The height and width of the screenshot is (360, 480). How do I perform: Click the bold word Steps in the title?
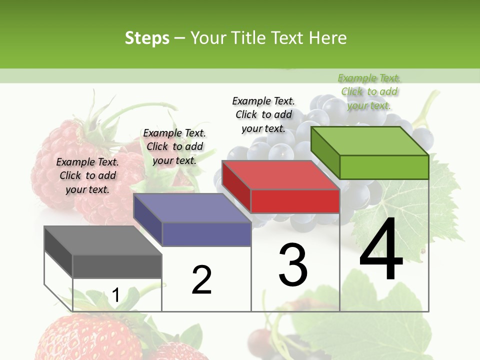(x=147, y=38)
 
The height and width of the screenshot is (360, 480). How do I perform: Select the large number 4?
(x=381, y=250)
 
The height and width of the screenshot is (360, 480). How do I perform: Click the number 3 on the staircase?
(x=293, y=265)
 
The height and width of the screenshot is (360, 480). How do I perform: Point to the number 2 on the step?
(x=202, y=280)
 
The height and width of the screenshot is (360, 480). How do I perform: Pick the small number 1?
(x=116, y=295)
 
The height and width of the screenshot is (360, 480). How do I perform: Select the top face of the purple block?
(x=192, y=208)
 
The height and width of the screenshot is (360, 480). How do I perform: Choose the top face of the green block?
(x=370, y=141)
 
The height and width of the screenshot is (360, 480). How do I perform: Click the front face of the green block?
(x=384, y=167)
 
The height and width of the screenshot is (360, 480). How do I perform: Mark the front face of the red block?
(x=295, y=201)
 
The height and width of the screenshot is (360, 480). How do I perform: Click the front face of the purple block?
(x=206, y=234)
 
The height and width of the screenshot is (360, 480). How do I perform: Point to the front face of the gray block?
(x=117, y=266)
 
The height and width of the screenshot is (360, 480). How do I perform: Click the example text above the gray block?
(x=87, y=175)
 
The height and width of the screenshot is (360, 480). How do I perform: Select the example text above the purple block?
(x=174, y=146)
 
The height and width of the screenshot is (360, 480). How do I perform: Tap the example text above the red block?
(x=263, y=114)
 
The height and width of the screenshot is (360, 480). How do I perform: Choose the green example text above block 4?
(x=369, y=91)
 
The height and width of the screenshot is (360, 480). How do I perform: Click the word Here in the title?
(x=328, y=38)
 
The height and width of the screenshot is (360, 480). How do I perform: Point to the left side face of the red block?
(x=236, y=186)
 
